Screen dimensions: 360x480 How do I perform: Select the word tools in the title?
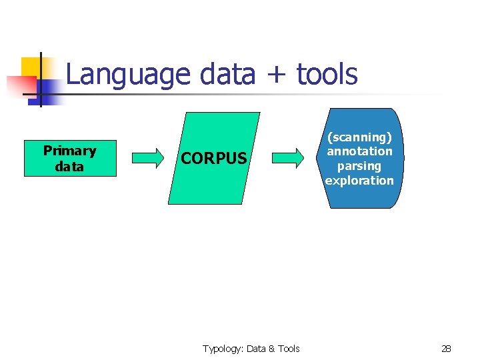[327, 75]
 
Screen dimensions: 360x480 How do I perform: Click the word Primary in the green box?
[70, 151]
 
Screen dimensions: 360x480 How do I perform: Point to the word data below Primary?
[70, 167]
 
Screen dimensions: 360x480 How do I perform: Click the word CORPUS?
[214, 159]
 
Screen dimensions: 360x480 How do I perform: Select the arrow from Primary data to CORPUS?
[147, 158]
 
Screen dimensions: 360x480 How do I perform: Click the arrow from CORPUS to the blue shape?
[289, 158]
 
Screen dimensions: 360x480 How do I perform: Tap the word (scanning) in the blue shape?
[359, 137]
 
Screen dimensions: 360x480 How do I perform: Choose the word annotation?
[359, 151]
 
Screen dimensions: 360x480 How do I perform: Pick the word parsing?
[359, 166]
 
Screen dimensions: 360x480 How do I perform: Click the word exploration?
[359, 181]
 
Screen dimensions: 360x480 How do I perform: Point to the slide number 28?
[446, 349]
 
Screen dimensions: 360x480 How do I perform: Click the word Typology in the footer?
[223, 349]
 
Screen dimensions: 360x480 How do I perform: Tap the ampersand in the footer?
[271, 349]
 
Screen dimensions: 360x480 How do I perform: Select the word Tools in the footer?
[288, 349]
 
